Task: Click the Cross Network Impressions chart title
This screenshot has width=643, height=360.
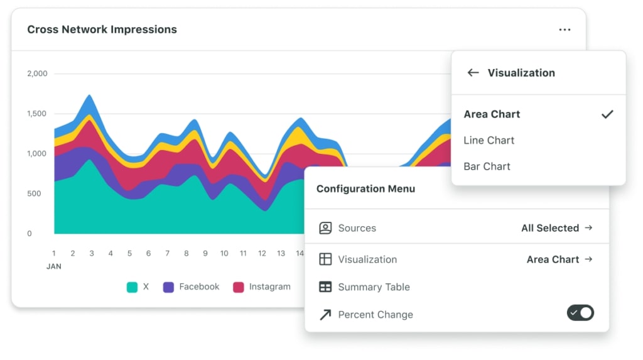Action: point(102,30)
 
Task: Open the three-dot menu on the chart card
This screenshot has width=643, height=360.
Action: point(565,30)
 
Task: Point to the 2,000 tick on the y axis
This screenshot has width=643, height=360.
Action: point(37,74)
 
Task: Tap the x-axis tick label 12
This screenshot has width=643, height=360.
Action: point(262,253)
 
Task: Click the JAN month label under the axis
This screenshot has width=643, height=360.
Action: point(54,266)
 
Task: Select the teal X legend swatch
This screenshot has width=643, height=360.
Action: point(132,287)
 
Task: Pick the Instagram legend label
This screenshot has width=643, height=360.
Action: point(269,286)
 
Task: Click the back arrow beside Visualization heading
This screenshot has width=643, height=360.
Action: point(473,73)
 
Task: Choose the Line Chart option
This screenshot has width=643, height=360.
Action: point(489,140)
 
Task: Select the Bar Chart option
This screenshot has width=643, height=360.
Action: point(487,166)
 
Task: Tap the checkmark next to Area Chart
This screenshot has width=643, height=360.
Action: point(607,114)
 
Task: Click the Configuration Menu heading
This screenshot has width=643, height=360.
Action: point(365,188)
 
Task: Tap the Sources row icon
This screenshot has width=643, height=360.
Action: point(325,228)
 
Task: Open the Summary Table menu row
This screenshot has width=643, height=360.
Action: point(374,287)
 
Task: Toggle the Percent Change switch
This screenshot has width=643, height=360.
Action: point(580,312)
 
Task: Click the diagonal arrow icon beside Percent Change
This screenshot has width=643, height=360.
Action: point(325,315)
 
